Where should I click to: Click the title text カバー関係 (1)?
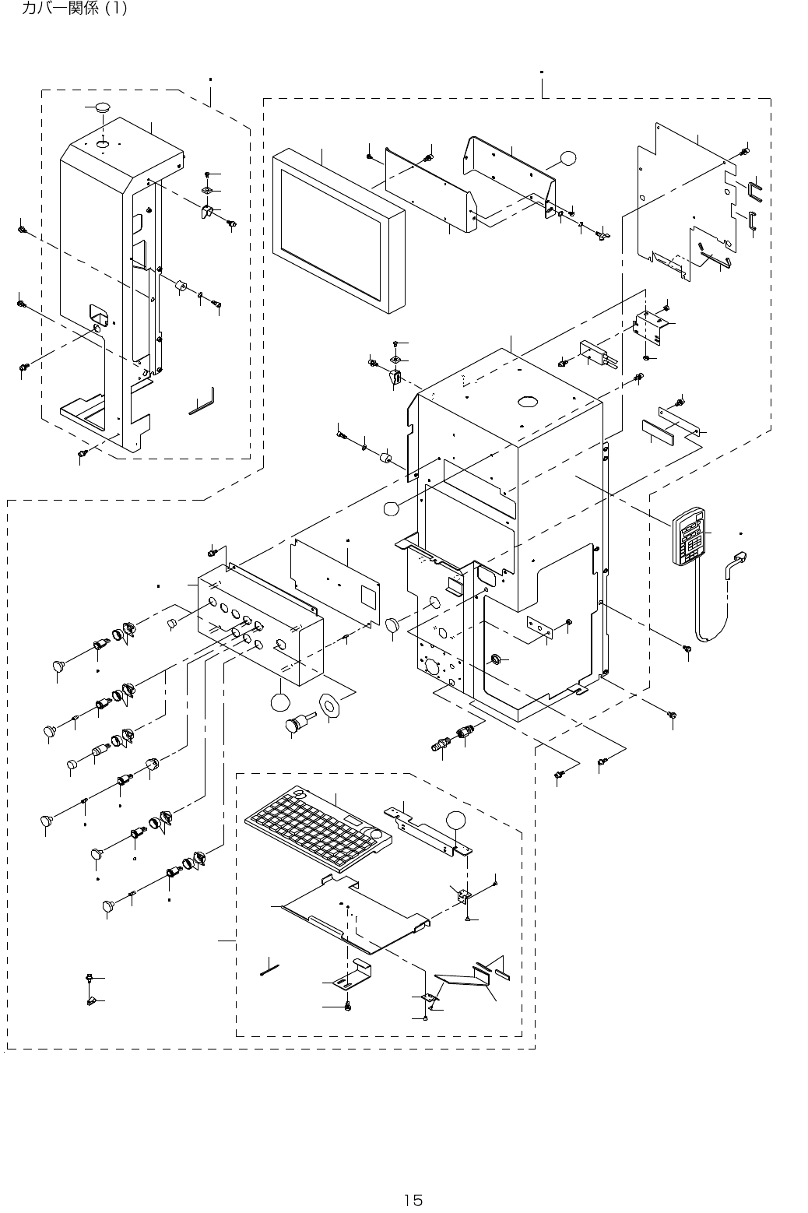click(74, 8)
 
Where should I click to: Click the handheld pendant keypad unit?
click(690, 536)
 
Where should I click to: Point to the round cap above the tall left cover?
click(102, 107)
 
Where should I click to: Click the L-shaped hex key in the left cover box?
click(202, 401)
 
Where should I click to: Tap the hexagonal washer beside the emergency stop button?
click(328, 705)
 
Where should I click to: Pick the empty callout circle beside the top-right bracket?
click(567, 158)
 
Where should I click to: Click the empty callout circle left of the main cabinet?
click(391, 508)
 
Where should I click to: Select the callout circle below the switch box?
click(280, 702)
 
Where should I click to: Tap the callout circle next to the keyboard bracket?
click(456, 820)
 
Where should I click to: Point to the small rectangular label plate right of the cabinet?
click(658, 431)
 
